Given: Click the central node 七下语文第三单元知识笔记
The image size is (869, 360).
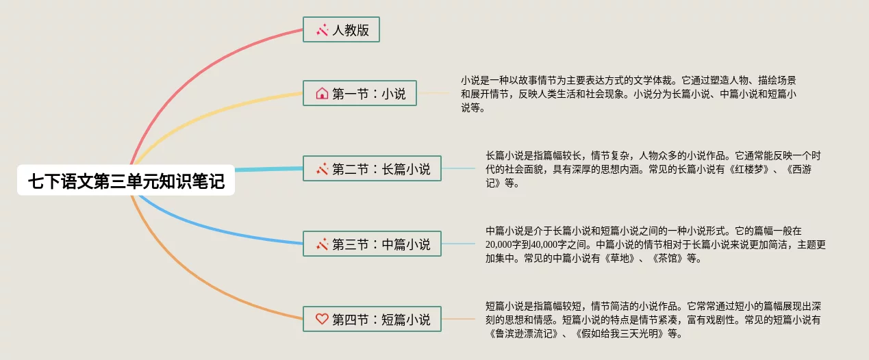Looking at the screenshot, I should point(126,181).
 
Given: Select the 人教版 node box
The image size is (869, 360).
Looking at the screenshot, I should point(341,30).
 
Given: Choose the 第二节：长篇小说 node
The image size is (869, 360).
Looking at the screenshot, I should point(372,168).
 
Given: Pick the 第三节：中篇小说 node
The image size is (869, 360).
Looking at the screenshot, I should point(372,244).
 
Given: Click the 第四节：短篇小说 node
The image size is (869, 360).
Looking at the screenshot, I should point(372,319).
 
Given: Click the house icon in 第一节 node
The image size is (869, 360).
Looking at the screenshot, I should point(322,93).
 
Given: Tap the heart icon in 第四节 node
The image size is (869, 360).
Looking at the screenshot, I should point(322,319).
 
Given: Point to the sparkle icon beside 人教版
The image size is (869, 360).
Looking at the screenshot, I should point(322,30).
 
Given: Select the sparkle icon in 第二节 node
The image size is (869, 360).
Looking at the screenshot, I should point(322,168).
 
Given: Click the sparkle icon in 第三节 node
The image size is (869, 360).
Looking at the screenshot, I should point(322,244).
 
